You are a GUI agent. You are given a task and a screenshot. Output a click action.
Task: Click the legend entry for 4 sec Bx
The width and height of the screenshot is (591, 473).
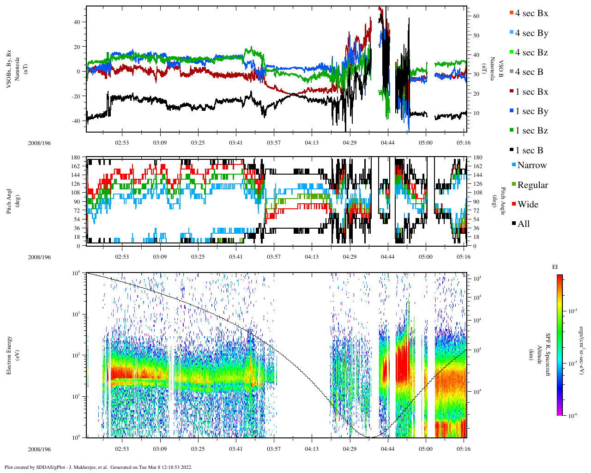pyautogui.click(x=531, y=13)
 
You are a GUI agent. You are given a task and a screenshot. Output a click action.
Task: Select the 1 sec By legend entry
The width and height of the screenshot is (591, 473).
pyautogui.click(x=531, y=111)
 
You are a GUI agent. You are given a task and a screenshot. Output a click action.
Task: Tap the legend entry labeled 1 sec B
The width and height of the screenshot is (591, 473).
pyautogui.click(x=529, y=151)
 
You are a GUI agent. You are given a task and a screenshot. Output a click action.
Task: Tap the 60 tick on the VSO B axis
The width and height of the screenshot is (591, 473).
pyautogui.click(x=476, y=16)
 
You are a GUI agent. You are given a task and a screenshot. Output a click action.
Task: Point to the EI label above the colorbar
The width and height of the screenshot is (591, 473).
pyautogui.click(x=555, y=267)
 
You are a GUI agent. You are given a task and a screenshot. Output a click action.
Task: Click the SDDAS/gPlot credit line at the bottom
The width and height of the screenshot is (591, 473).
pyautogui.click(x=98, y=467)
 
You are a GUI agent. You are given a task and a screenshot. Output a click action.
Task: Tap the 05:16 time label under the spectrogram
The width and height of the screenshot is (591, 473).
pyautogui.click(x=464, y=449)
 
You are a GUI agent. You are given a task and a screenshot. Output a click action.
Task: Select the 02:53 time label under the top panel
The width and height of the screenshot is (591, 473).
pyautogui.click(x=122, y=143)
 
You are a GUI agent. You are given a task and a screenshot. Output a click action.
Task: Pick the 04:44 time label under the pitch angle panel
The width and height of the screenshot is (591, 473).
pyautogui.click(x=387, y=257)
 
